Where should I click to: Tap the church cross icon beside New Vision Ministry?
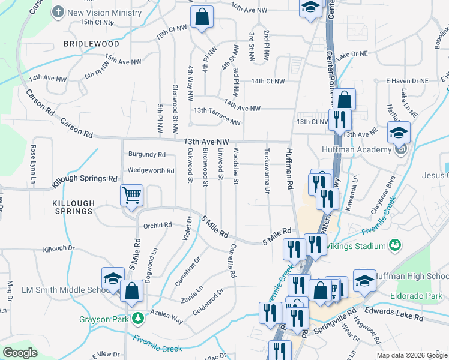tap(58, 12)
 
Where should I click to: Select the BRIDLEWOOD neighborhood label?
tap(92, 44)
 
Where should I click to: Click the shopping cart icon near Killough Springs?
tap(131, 195)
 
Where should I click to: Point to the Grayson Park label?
tap(104, 319)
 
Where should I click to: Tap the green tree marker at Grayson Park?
tap(139, 318)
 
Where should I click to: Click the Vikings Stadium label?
tap(359, 246)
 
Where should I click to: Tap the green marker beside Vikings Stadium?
tap(395, 245)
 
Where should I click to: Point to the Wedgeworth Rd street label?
tap(151, 170)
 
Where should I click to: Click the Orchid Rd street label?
tap(158, 226)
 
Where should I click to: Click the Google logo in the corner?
tap(20, 352)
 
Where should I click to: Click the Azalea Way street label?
tap(168, 317)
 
